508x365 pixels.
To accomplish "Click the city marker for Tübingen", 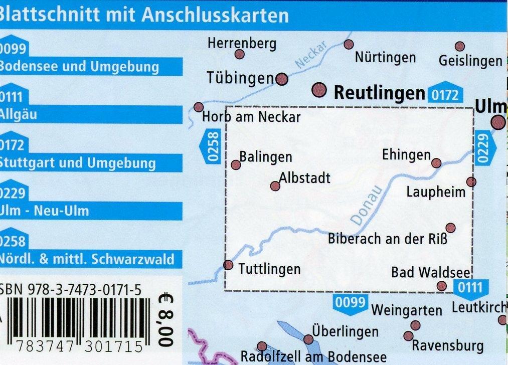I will (x=282, y=79).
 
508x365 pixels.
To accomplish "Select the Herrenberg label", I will (x=242, y=44).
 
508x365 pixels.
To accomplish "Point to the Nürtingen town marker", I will (x=349, y=45).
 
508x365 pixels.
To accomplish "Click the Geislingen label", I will (x=470, y=61).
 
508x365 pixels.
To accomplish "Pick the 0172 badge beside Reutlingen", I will (x=444, y=94).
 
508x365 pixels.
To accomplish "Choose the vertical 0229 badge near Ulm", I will (x=482, y=146).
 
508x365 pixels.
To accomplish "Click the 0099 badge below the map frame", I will (x=349, y=302).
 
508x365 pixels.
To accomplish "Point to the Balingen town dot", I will (x=236, y=165).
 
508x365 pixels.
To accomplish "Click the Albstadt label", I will (x=305, y=177).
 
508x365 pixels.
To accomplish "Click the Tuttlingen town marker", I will (x=228, y=265).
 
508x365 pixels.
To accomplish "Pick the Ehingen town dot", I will (x=436, y=163).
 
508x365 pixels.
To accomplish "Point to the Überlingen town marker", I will (x=308, y=340).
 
